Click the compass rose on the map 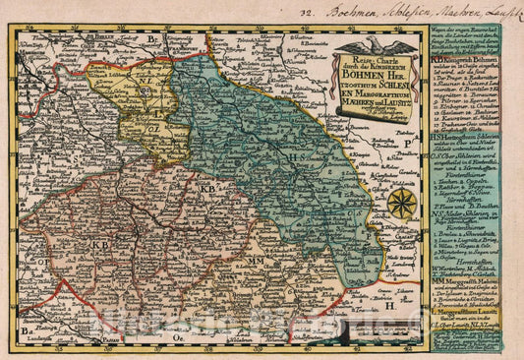pos(401,204)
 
